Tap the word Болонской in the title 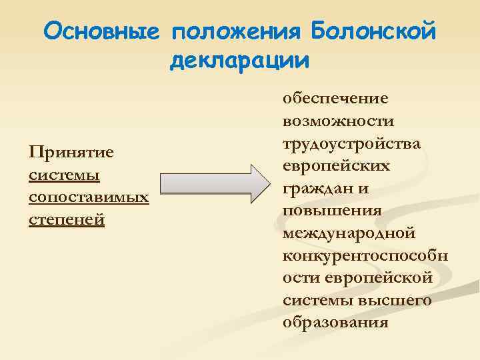pos(373,31)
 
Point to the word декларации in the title pos(240,61)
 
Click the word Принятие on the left pos(71,153)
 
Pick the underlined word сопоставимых pos(89,197)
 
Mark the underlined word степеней pos(67,219)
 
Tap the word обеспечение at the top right pos(335,99)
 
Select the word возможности pos(338,121)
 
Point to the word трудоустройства pos(351,143)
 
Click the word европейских pos(336,165)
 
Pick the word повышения pos(332,210)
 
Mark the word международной pos(349,233)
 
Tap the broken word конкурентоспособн pos(365,255)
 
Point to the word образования pos(335,322)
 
